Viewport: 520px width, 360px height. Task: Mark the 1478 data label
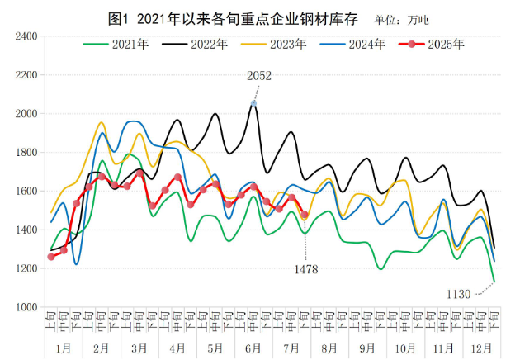[x=305, y=268]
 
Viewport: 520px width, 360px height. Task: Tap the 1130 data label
[x=459, y=295]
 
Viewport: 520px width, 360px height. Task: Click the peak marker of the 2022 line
[x=254, y=103]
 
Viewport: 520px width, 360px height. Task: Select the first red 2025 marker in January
[x=51, y=257]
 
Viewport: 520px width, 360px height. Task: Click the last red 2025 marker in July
[x=305, y=215]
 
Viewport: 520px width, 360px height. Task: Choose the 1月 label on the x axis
[x=63, y=348]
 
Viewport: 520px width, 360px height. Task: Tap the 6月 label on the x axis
[x=253, y=348]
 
